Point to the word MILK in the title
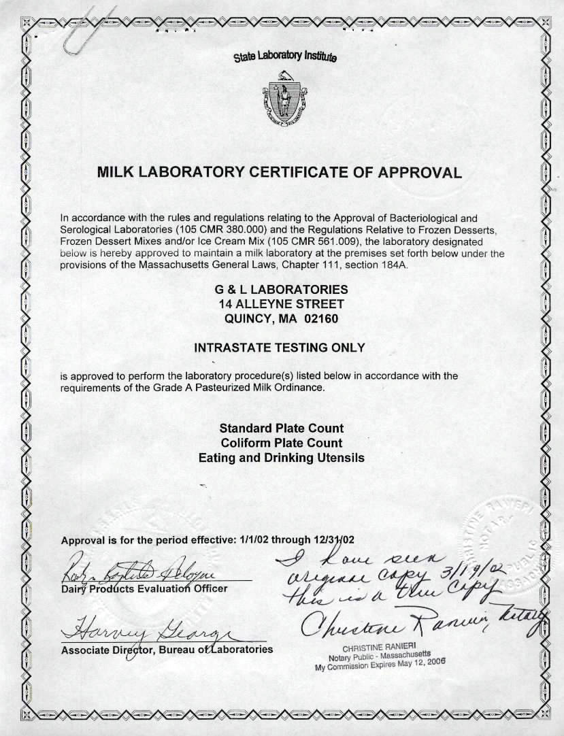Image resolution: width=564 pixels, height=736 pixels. pyautogui.click(x=116, y=171)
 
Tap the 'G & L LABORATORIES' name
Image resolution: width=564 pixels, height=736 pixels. pyautogui.click(x=281, y=289)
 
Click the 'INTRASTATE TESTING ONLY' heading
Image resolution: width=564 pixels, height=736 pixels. pyautogui.click(x=280, y=348)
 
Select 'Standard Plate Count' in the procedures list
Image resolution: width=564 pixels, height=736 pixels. pyautogui.click(x=281, y=429)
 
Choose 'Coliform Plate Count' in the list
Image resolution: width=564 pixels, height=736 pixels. pyautogui.click(x=281, y=443)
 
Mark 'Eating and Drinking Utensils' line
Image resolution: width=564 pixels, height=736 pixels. pyautogui.click(x=281, y=458)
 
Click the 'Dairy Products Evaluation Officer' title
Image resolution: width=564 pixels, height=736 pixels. pyautogui.click(x=144, y=588)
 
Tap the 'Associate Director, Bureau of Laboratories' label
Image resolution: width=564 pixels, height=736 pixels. pyautogui.click(x=167, y=650)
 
